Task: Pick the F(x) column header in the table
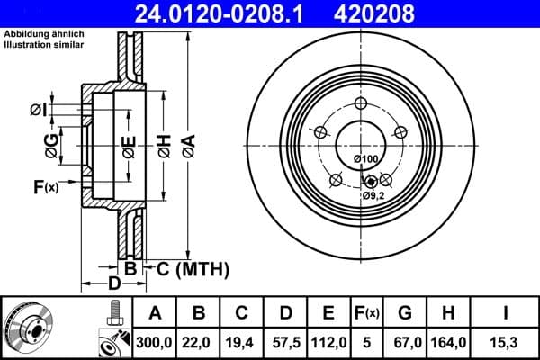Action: [x=367, y=313]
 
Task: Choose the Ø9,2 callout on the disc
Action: [x=373, y=195]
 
